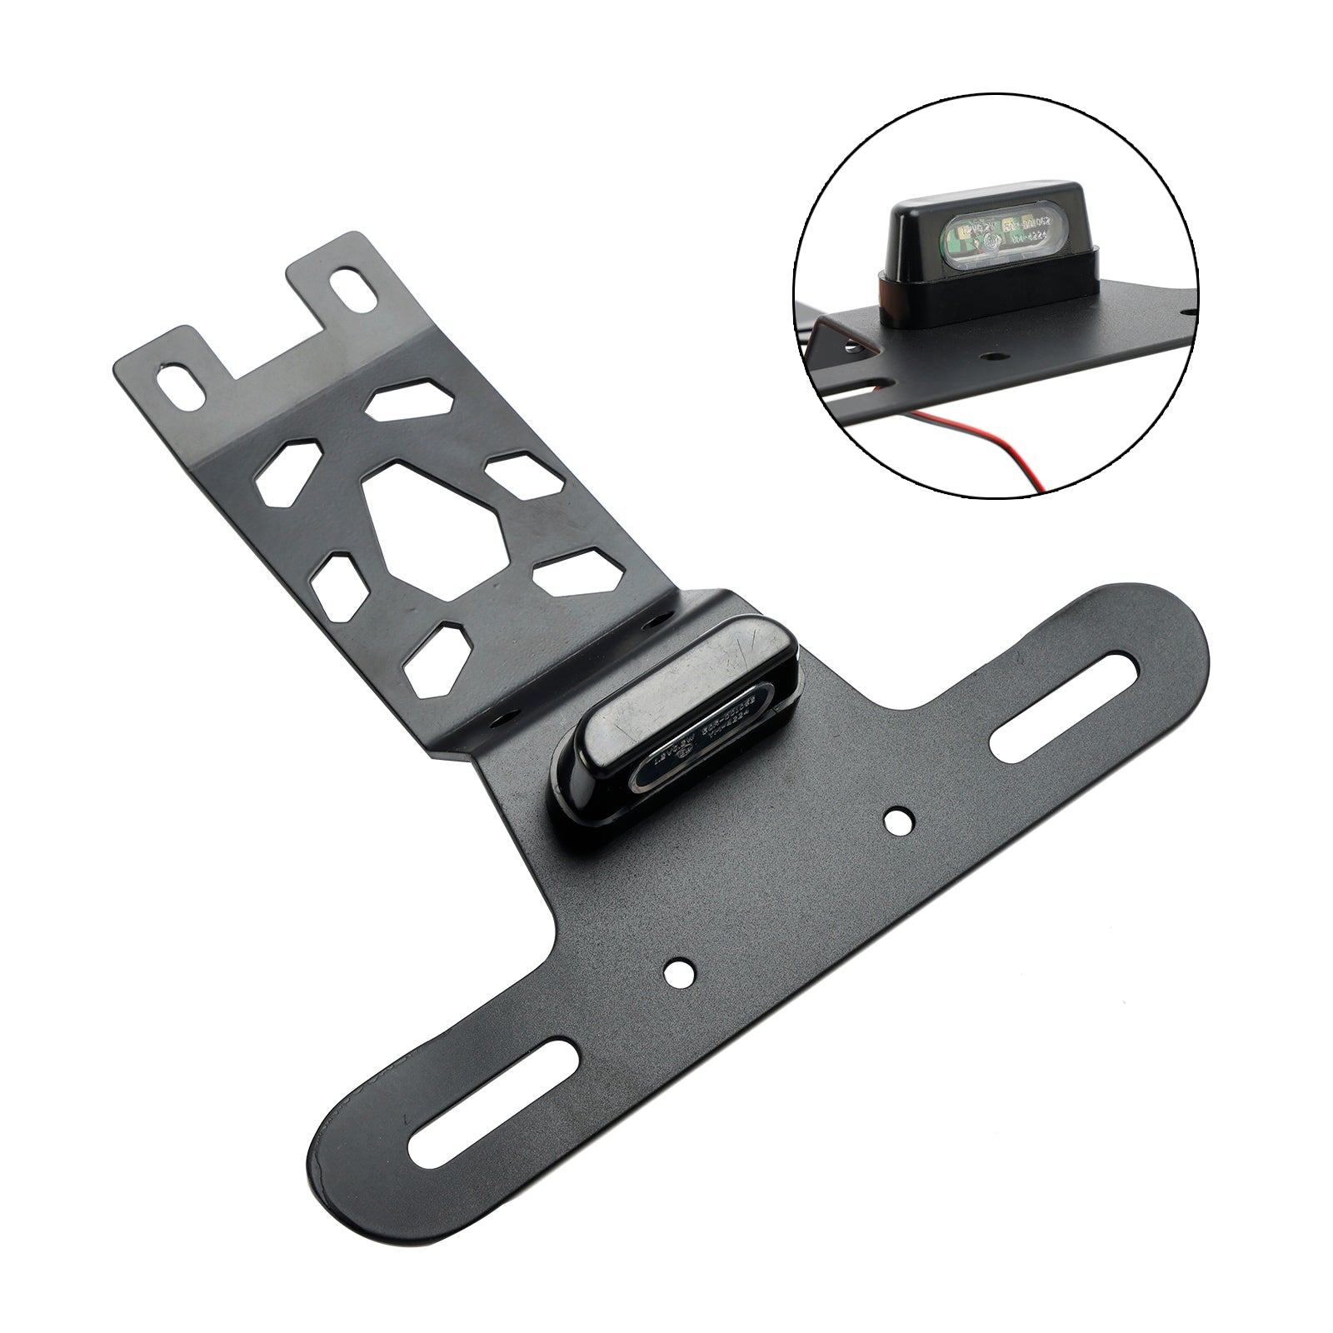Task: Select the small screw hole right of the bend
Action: [656, 622]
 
